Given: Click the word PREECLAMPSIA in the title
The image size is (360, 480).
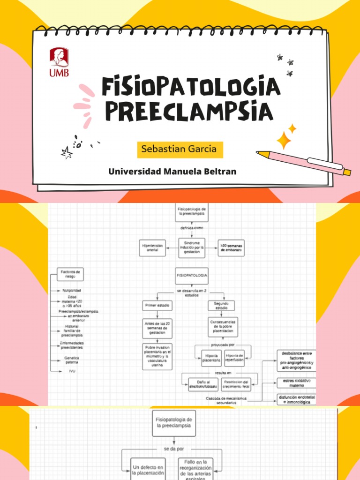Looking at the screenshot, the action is pos(189,111).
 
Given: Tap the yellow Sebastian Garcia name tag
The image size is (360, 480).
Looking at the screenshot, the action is pos(179,149).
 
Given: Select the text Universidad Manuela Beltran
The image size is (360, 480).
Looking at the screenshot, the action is pos(172,172).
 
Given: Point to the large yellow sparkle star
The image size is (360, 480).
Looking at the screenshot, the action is pos(284,140).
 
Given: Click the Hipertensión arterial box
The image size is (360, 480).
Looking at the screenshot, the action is pos(152,248).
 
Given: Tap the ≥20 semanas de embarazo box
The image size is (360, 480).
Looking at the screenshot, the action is pos(231,248).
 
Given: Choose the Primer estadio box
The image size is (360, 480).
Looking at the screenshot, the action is pos(157,306).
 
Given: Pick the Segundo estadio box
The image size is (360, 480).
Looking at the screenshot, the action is pos(221,306).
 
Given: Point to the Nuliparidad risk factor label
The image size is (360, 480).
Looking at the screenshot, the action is pos(72,291).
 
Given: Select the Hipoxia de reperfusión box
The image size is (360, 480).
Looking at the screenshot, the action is pos(234,358).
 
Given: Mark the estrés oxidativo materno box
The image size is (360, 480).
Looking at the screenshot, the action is pos(296,383).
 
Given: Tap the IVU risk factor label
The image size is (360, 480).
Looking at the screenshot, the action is pos(72,371).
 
